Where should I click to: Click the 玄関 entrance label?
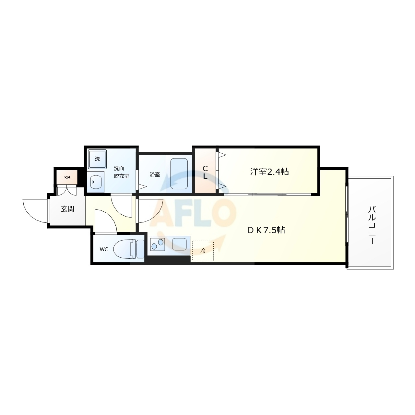point(67,208)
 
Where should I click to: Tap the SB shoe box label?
point(67,178)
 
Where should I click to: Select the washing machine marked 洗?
point(97,159)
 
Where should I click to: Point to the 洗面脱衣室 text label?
point(122,172)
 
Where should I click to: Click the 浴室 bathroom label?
point(155,174)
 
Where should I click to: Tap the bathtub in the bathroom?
point(179,174)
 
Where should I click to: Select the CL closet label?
point(205,172)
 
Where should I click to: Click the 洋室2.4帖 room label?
point(269,172)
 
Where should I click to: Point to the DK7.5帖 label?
point(266,230)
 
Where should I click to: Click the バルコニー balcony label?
point(372,225)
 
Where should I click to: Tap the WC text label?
point(104,249)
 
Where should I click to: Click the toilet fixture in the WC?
point(129,249)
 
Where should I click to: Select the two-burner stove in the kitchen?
point(158,244)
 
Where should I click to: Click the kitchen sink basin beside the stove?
point(179,244)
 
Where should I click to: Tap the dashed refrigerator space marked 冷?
point(203,251)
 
